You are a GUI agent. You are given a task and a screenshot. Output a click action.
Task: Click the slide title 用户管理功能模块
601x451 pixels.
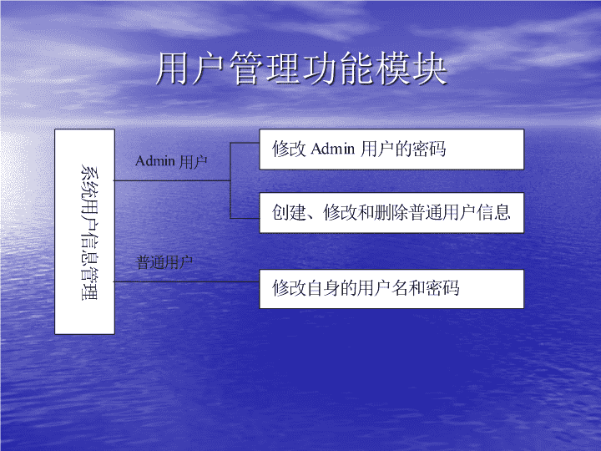coord(301,69)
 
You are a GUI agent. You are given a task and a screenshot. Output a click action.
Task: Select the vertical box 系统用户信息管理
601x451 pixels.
coord(84,231)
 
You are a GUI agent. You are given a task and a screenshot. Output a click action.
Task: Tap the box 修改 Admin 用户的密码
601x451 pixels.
coord(391,149)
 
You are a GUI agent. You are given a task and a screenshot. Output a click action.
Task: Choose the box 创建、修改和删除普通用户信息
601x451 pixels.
coord(391,213)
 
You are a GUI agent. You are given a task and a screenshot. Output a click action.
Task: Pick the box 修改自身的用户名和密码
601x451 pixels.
coord(391,289)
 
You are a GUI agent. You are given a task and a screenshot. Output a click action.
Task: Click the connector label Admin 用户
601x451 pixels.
coord(171,161)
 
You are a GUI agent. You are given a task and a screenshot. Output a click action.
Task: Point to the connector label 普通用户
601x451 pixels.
coord(164,263)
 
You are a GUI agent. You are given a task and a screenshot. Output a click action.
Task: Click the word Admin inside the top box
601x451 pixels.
coord(333,149)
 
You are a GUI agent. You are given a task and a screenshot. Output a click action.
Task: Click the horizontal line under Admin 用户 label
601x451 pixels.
coord(172,180)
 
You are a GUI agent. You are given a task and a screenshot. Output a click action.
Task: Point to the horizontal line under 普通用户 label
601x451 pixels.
coord(187,282)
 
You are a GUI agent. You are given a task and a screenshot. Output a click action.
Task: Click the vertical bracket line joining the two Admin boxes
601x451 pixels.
coord(230,180)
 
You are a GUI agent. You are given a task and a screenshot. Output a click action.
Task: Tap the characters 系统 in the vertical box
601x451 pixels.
coord(89,183)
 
